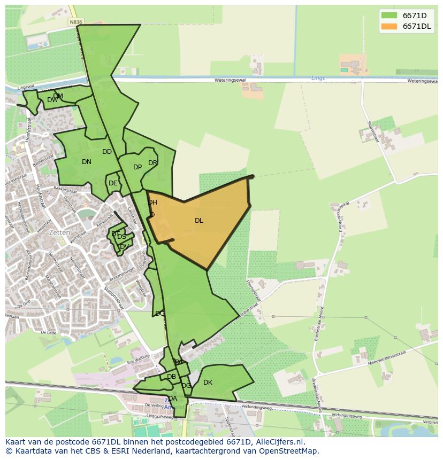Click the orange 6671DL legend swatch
[x=389, y=26]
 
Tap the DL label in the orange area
[x=198, y=221]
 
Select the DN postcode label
[x=87, y=162]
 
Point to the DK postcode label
[x=208, y=383]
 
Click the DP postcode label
[x=138, y=167]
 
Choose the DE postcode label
[x=113, y=183]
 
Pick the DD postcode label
[x=107, y=152]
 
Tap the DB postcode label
[x=171, y=377]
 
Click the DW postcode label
[x=52, y=100]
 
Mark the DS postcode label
[x=121, y=237]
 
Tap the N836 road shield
[x=75, y=22]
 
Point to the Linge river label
[x=318, y=78]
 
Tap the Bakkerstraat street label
[x=65, y=189]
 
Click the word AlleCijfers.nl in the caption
[x=278, y=442]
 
